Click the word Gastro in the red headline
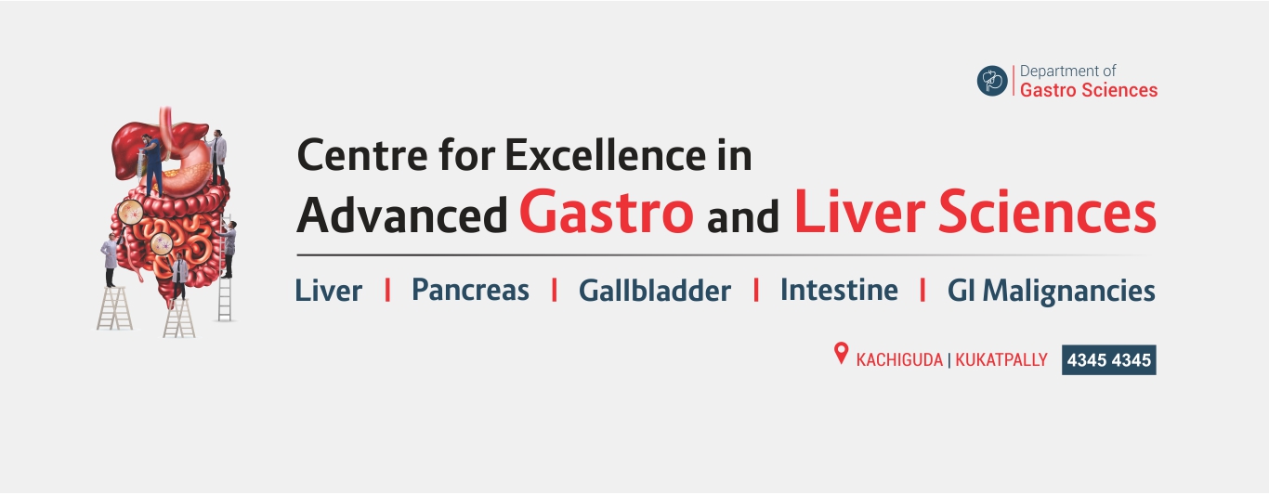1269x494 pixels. (x=607, y=212)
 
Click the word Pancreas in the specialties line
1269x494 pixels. (x=470, y=290)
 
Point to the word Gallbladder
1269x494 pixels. (x=654, y=290)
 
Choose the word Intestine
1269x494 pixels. (x=839, y=290)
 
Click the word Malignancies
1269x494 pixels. (x=1068, y=292)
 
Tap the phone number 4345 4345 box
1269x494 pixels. (x=1108, y=359)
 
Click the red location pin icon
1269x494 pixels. (x=842, y=354)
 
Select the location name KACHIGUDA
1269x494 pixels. (x=899, y=360)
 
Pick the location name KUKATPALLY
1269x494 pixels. (x=1001, y=360)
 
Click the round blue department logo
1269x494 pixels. (x=992, y=81)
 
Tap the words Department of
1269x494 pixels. (x=1067, y=71)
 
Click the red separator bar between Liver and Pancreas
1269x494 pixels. (x=387, y=290)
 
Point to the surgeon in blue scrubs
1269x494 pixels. (x=151, y=165)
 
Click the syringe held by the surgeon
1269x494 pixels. (x=140, y=159)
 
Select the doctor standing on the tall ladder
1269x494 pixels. (x=228, y=248)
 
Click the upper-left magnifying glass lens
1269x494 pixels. (x=131, y=213)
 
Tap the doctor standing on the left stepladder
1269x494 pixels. (x=110, y=260)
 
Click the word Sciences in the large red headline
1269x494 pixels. (x=1047, y=212)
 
